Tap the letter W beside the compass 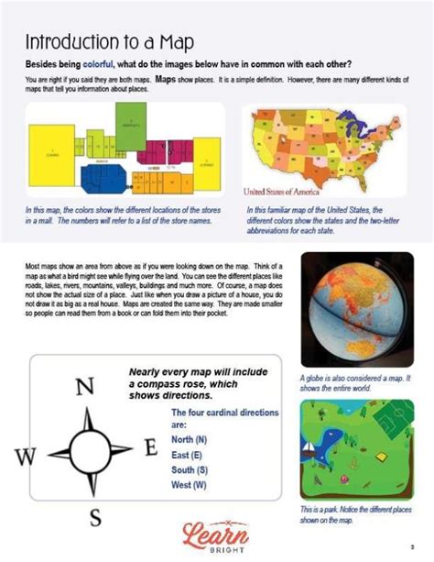pos(27,455)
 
